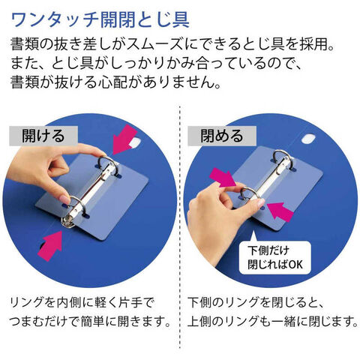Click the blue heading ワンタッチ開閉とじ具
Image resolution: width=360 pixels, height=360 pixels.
pos(100,19)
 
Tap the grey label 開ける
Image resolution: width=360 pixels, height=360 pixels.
pos(43,136)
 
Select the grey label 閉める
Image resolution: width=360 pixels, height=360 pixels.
pos(222,136)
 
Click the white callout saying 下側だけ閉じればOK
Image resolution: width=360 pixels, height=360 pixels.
pos(275,257)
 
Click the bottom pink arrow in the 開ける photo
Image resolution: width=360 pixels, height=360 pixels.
pos(51,246)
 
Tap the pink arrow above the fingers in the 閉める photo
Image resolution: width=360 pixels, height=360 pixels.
pos(223,177)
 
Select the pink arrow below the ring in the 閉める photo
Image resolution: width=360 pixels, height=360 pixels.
pos(280,211)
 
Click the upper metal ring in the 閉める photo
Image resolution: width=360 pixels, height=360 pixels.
pos(283,160)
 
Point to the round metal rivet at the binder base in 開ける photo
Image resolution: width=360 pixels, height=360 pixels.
pos(67,221)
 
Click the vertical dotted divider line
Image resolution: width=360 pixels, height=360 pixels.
pos(180,227)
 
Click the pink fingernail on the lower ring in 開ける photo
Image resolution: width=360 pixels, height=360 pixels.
pos(65,200)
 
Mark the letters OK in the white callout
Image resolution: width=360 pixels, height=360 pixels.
pos(295,265)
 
